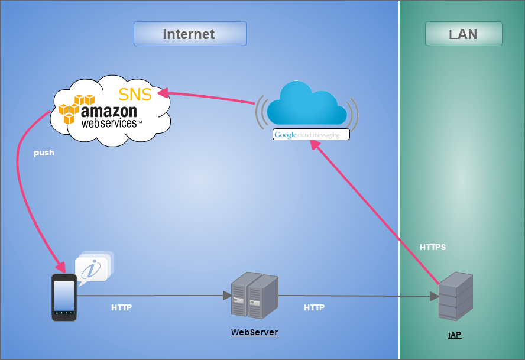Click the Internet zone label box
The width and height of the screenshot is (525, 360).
click(x=189, y=34)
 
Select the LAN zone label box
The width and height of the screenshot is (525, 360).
click(x=464, y=34)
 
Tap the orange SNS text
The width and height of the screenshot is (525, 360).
click(x=135, y=95)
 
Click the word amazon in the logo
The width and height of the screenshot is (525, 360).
click(x=109, y=111)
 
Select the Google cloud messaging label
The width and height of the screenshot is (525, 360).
click(x=311, y=135)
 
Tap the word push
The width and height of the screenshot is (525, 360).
click(x=44, y=153)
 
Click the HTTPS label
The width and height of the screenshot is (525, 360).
click(x=433, y=247)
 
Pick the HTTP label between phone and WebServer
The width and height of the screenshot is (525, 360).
click(x=121, y=307)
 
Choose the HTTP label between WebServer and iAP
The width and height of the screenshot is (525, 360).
click(x=314, y=307)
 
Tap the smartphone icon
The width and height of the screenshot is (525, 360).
click(x=64, y=297)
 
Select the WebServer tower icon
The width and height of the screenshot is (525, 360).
click(x=254, y=295)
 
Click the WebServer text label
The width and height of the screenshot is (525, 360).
click(x=254, y=332)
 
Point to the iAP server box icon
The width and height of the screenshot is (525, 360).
click(x=455, y=296)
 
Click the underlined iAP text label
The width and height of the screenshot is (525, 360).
click(x=454, y=335)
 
